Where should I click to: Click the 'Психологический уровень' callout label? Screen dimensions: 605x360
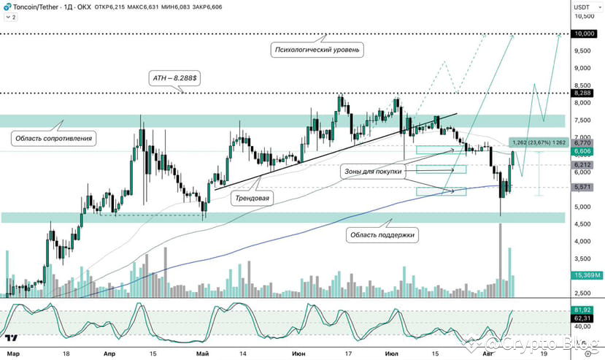(x=317, y=50)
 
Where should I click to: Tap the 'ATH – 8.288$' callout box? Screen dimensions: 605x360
(x=174, y=78)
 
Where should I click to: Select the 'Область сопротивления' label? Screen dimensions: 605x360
(x=53, y=138)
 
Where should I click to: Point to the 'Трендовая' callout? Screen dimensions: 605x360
(x=252, y=198)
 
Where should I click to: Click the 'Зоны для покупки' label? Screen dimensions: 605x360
(x=373, y=171)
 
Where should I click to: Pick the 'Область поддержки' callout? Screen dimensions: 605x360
(x=382, y=235)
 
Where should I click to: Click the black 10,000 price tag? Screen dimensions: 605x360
(x=585, y=34)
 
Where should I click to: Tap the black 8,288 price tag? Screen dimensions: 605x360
(x=582, y=93)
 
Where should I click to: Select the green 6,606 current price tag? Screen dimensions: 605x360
(x=582, y=151)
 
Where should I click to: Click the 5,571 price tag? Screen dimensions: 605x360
(x=582, y=187)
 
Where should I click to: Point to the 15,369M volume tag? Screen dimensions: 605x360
(x=587, y=275)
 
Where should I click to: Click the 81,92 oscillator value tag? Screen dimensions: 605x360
(x=582, y=310)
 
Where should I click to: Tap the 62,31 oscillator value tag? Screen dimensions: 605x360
(x=582, y=318)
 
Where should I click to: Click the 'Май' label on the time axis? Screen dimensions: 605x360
(x=203, y=353)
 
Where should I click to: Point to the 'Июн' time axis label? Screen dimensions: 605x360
(x=298, y=353)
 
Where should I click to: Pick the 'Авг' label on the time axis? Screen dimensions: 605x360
(x=488, y=353)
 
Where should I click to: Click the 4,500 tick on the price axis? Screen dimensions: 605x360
(x=582, y=224)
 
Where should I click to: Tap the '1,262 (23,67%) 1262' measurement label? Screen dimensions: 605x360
(x=539, y=142)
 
